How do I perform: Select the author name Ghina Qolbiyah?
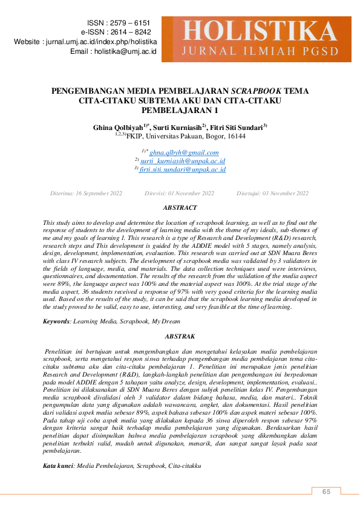tap(117, 128)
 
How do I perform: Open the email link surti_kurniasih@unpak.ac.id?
tap(182, 161)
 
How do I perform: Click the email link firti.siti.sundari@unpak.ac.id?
tap(182, 170)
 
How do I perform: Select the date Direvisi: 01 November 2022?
tap(179, 193)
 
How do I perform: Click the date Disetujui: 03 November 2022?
tap(272, 193)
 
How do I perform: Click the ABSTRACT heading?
tap(180, 208)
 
